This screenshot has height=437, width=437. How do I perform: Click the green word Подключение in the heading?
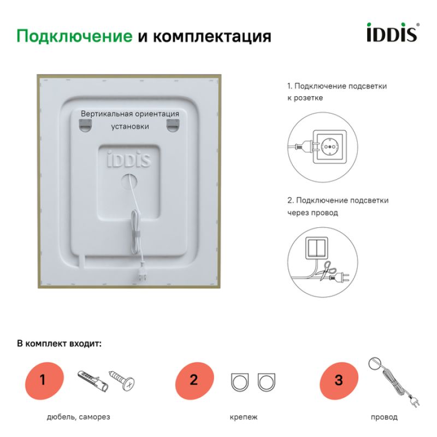click(x=74, y=36)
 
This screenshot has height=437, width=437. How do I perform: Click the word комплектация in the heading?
click(x=212, y=36)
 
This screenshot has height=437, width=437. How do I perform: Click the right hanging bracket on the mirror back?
click(x=173, y=125)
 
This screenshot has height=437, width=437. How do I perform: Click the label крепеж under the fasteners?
click(x=243, y=417)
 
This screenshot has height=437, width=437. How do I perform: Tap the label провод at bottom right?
click(x=384, y=417)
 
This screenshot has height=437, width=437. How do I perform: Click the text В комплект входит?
click(x=59, y=344)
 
